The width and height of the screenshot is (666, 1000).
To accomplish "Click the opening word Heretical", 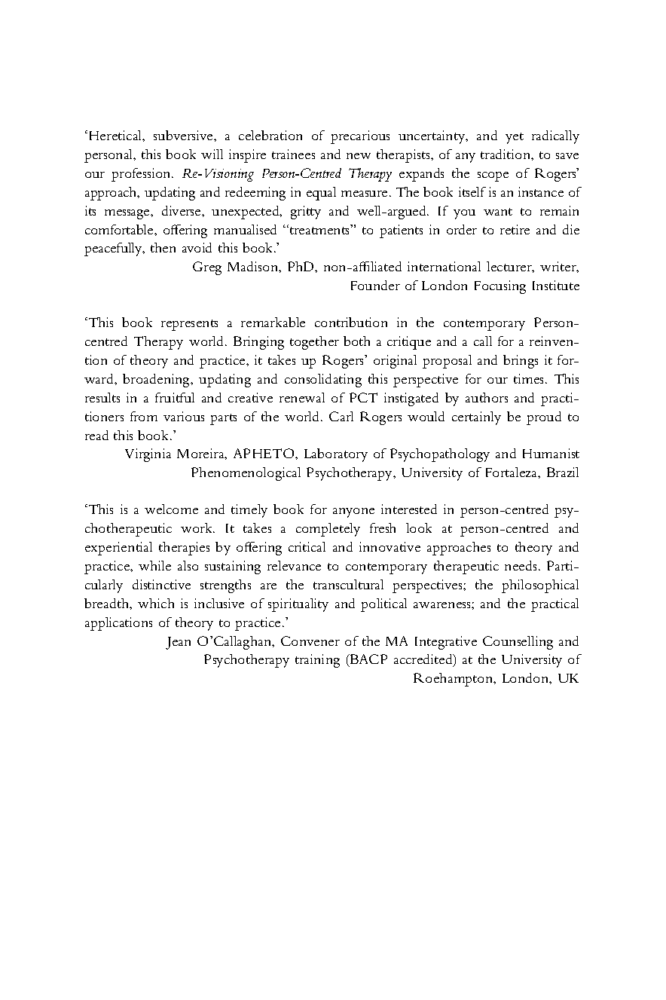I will pyautogui.click(x=115, y=136).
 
